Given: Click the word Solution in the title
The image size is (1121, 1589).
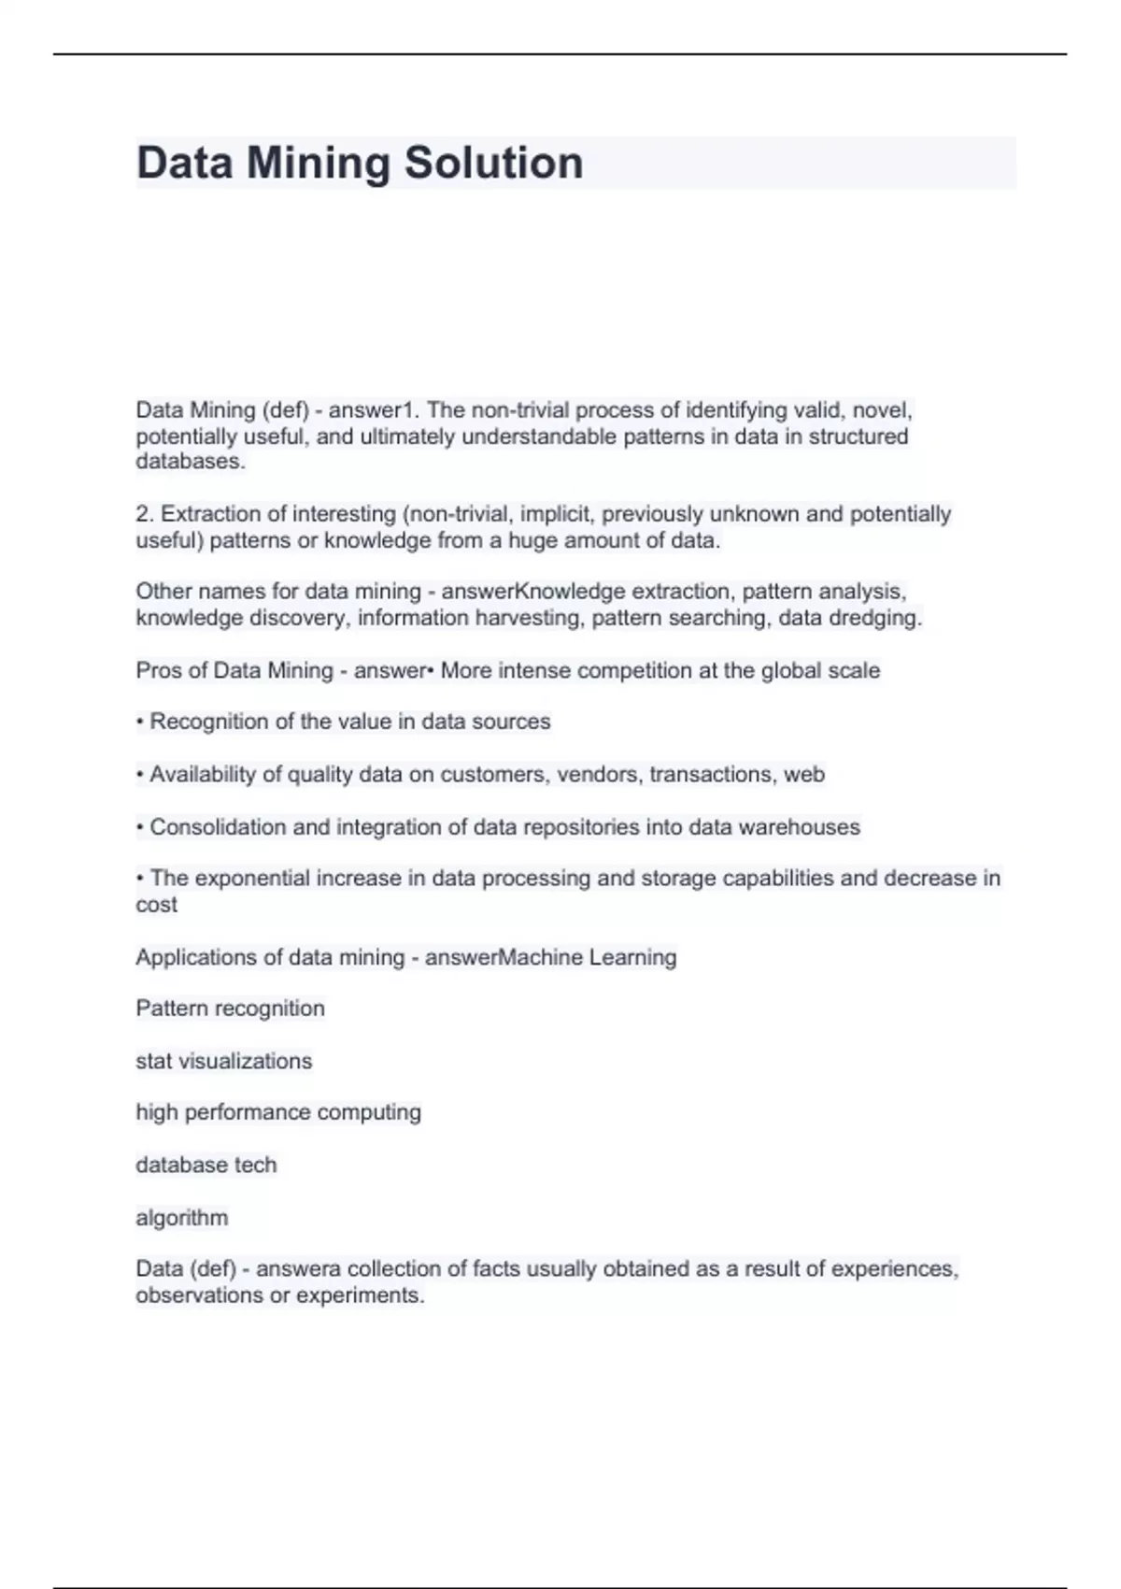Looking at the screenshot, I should coord(493,163).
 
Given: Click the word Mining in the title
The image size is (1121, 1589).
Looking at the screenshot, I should coord(319,163).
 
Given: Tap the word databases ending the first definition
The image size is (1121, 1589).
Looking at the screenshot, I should coord(190,462).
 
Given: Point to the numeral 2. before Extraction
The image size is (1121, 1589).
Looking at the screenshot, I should coord(145,514).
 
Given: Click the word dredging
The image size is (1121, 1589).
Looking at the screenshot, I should coord(885,618).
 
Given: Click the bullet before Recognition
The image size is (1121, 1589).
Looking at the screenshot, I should coord(140,723).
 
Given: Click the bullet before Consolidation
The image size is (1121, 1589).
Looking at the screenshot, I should coord(140,828).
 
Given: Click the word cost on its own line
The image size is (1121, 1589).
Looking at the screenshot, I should coord(156,905).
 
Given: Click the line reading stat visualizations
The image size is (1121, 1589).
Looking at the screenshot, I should coord(223,1062).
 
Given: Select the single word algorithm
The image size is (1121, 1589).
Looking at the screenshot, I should coord(181,1218).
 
